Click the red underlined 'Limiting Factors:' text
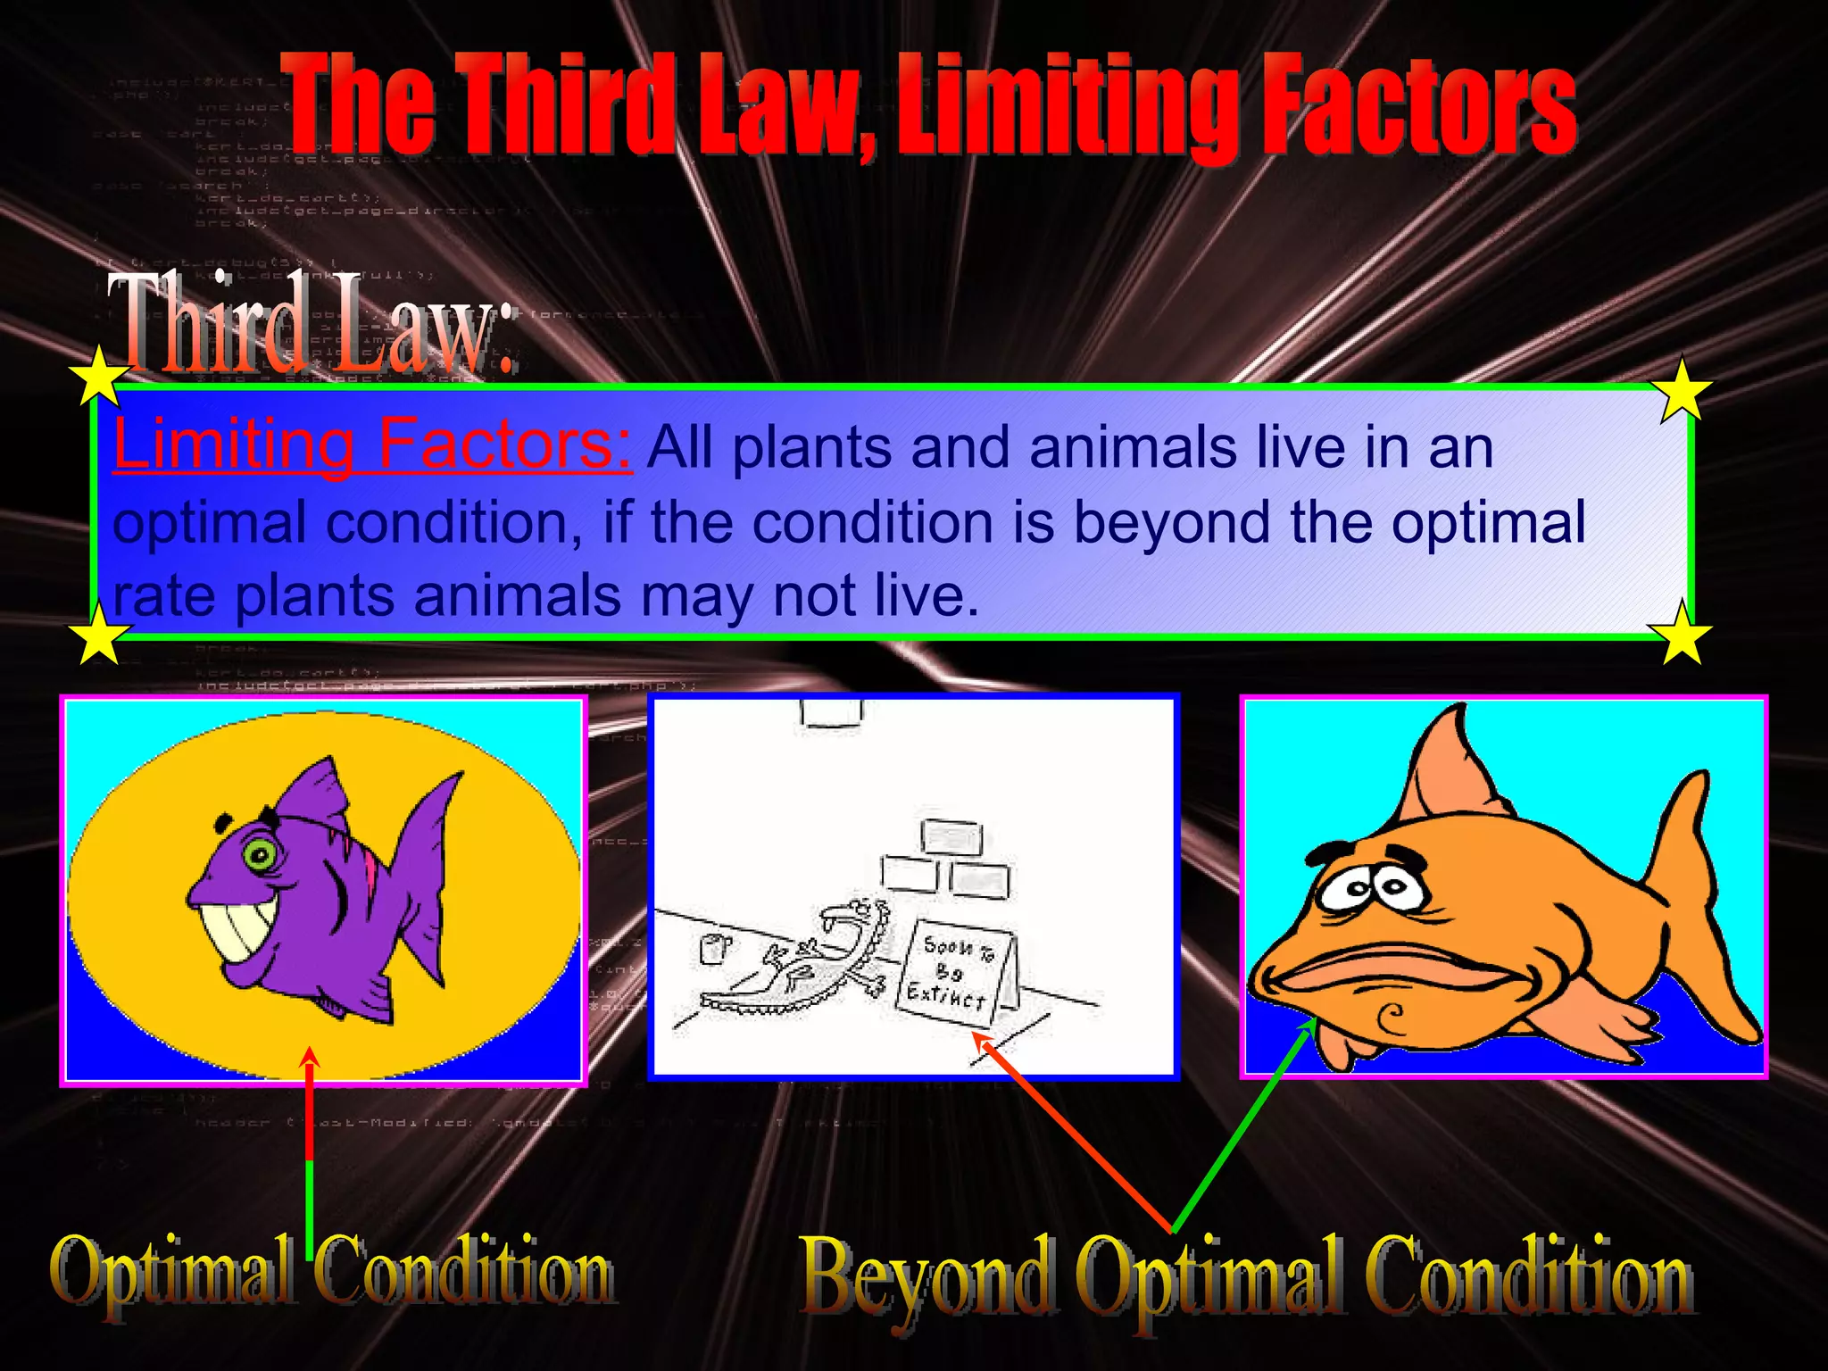coord(372,444)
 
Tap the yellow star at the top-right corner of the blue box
coord(1681,391)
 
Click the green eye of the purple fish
coord(260,857)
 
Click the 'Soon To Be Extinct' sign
coord(955,973)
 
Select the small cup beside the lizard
coord(714,948)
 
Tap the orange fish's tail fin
coord(1696,902)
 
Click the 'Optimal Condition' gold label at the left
coord(332,1272)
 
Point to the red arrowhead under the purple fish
coord(309,1058)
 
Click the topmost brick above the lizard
coord(951,838)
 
